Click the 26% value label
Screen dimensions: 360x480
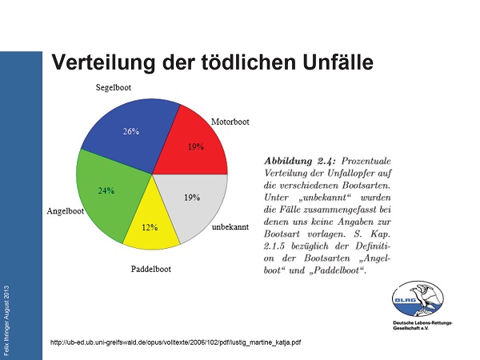(130, 132)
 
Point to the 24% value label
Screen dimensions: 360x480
(106, 191)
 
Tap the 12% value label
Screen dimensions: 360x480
(150, 227)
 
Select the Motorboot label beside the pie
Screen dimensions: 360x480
(230, 122)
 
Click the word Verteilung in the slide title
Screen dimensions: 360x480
(104, 62)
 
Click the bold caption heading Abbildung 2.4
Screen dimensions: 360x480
(302, 160)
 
